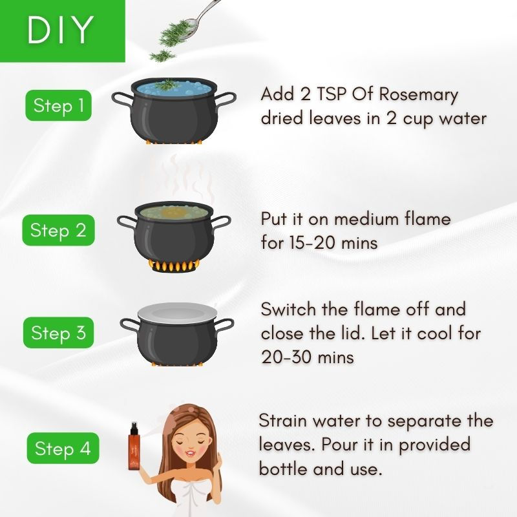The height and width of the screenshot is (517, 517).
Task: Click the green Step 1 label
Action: pos(58,106)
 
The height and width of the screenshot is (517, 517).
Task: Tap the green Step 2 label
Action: pos(58,231)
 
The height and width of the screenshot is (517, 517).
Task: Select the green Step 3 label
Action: pos(58,333)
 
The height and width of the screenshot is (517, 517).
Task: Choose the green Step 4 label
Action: pos(63,448)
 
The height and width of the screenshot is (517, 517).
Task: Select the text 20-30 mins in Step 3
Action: pos(308,357)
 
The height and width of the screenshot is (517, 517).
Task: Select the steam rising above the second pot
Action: pos(187,174)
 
